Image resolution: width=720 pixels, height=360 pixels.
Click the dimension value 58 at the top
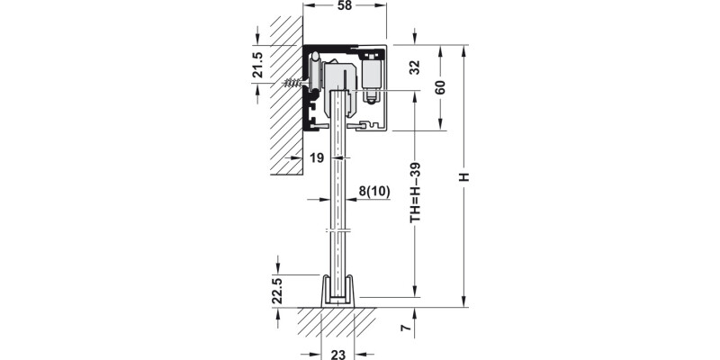click(x=345, y=7)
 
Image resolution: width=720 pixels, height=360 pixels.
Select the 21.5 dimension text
click(x=257, y=66)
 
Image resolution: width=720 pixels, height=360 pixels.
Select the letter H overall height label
click(x=464, y=176)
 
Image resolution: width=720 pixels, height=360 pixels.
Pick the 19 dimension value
click(x=316, y=158)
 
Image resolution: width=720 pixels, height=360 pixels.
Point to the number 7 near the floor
click(x=406, y=330)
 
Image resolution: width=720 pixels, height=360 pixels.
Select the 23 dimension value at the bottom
click(x=337, y=354)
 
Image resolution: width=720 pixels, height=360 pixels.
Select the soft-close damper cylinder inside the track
click(x=371, y=76)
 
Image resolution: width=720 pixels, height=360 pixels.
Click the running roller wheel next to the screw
click(x=317, y=72)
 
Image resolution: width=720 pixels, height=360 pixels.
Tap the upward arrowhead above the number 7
click(x=415, y=312)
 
